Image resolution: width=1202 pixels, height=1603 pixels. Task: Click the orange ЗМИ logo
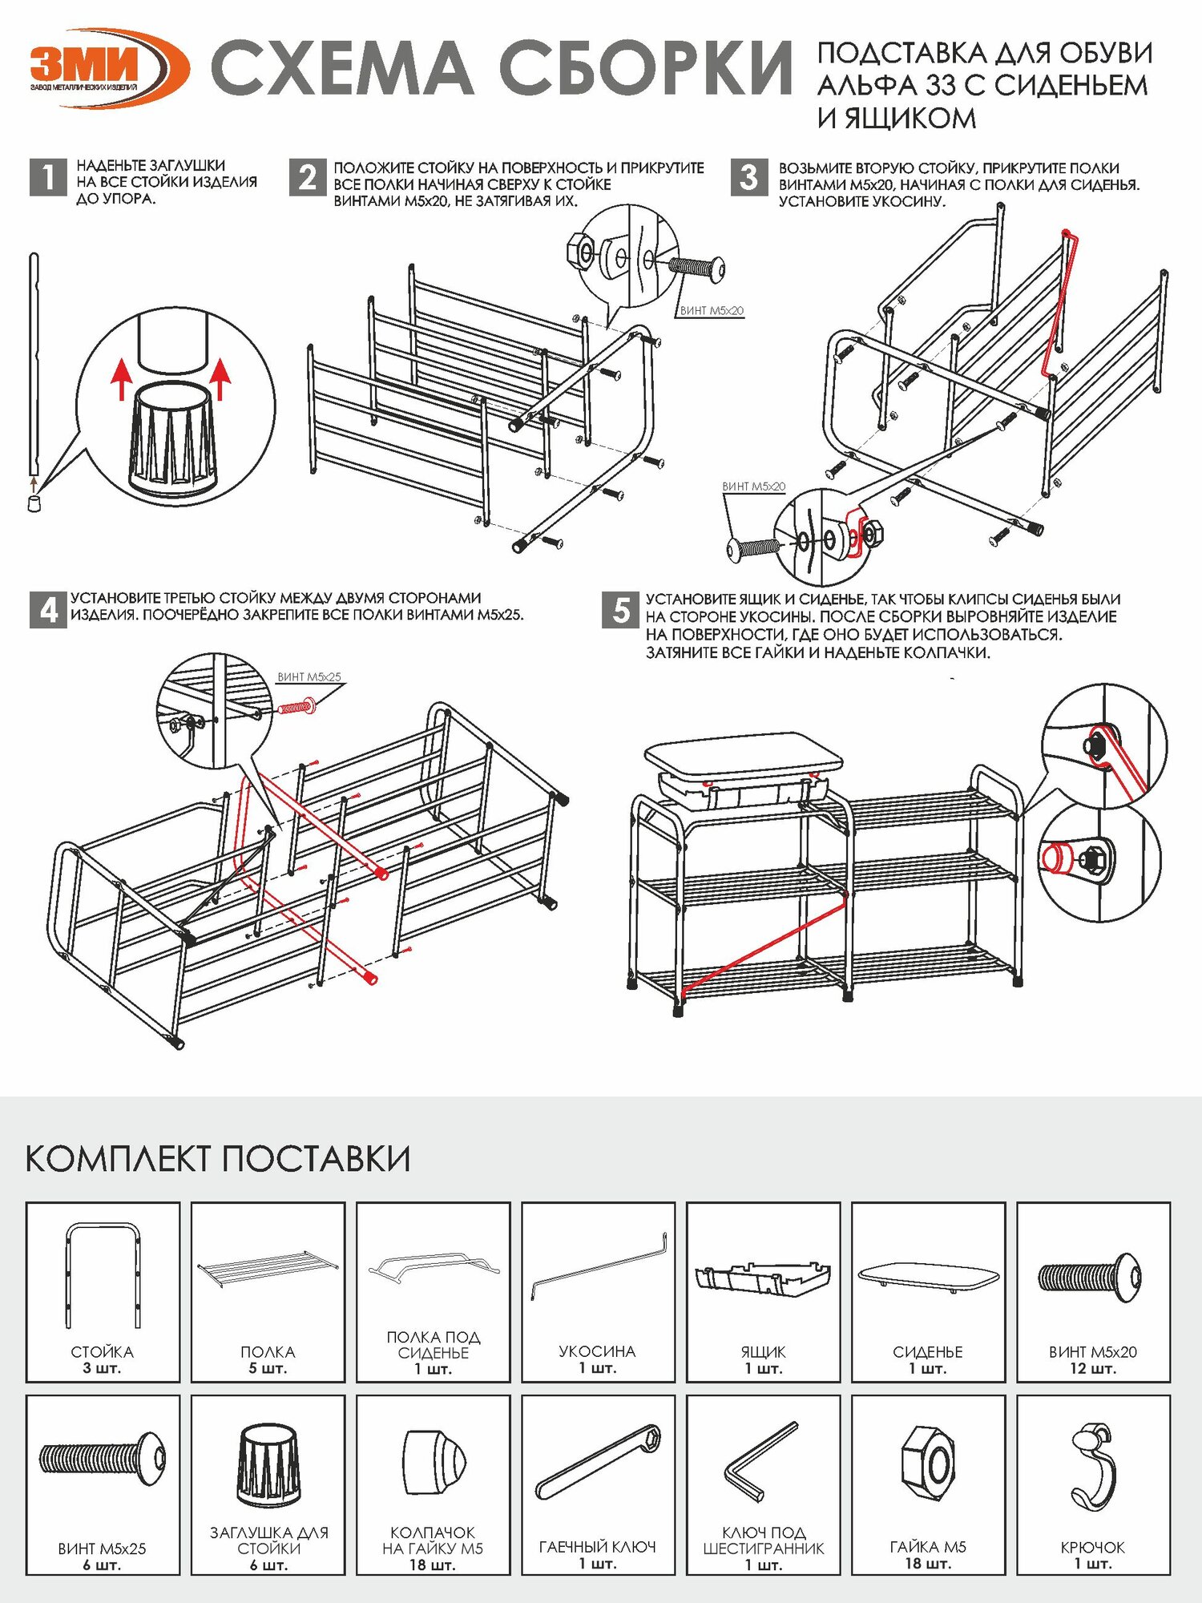click(x=108, y=67)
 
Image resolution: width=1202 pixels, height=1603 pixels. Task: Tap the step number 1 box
click(x=47, y=177)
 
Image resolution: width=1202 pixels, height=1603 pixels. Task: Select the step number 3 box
click(x=748, y=177)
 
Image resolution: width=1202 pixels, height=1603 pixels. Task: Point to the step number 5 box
click(x=620, y=610)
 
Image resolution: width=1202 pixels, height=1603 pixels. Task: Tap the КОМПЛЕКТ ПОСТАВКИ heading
click(x=218, y=1159)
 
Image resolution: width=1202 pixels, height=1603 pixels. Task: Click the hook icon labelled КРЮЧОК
click(x=1094, y=1466)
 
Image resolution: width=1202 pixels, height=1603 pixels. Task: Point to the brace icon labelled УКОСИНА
click(x=598, y=1266)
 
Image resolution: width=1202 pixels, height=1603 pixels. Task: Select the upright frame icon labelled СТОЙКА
click(x=103, y=1274)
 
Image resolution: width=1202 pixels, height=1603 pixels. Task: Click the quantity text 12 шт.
click(x=1093, y=1368)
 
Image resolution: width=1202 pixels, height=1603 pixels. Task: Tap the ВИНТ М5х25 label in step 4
click(x=309, y=677)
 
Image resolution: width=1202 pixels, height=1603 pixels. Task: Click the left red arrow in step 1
click(x=120, y=378)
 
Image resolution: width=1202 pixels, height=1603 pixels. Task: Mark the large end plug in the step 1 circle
click(x=173, y=439)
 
